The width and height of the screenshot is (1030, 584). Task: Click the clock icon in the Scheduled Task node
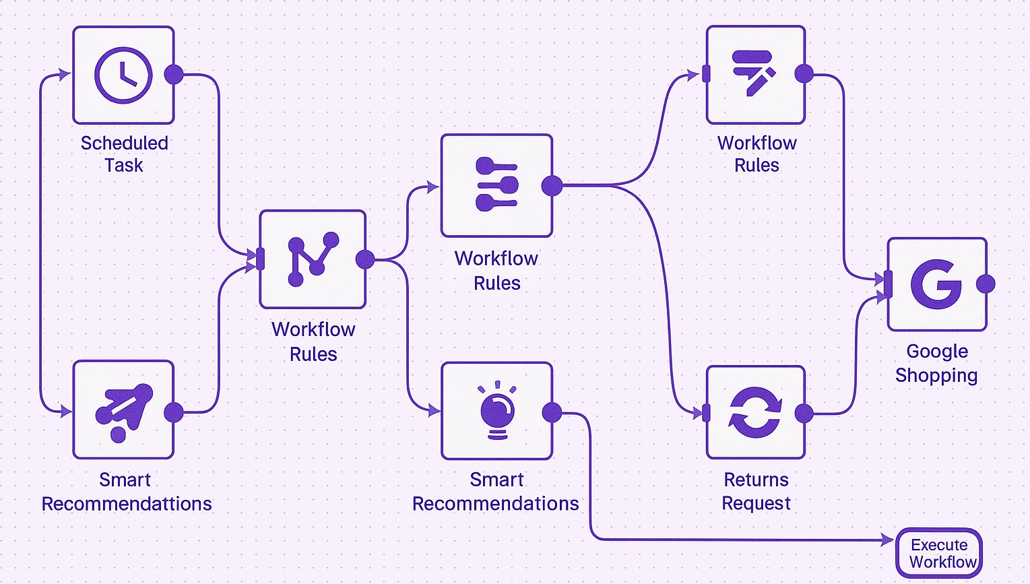123,75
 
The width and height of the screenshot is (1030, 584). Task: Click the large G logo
936,284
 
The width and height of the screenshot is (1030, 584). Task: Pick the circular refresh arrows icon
755,412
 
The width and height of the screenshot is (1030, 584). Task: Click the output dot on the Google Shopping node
986,284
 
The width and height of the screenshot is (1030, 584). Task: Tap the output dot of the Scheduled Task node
174,74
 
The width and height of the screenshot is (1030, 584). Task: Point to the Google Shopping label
936,363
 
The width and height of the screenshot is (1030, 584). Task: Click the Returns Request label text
756,491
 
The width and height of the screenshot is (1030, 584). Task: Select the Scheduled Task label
124,154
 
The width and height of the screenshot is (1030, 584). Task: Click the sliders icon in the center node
497,185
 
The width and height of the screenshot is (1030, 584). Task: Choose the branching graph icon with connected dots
313,259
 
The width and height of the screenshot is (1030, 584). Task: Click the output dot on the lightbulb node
552,412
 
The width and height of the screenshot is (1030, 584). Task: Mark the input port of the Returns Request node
706,413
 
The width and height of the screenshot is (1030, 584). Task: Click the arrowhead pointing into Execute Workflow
888,540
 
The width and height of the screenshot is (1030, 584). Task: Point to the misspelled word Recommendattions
127,504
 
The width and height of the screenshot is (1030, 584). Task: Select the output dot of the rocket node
174,412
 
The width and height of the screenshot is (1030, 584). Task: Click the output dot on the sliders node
552,185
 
